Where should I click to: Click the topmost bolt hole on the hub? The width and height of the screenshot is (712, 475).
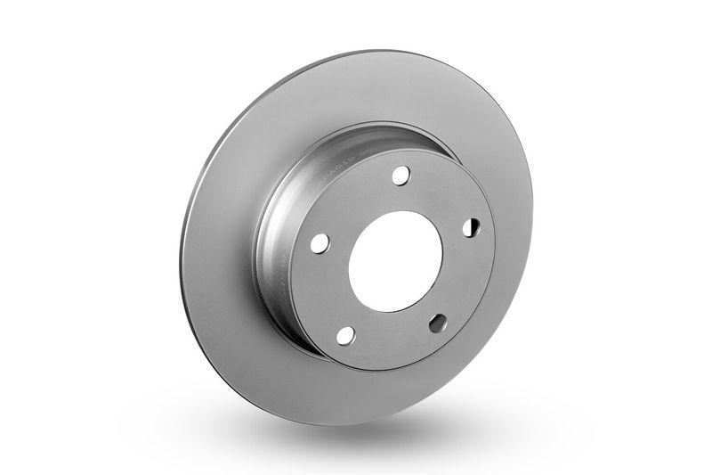point(400,175)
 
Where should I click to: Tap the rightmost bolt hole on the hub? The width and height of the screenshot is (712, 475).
point(471,228)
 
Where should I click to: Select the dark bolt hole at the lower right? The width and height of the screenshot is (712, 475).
point(438,323)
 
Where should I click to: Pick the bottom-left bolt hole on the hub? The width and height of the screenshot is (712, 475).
point(345,335)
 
